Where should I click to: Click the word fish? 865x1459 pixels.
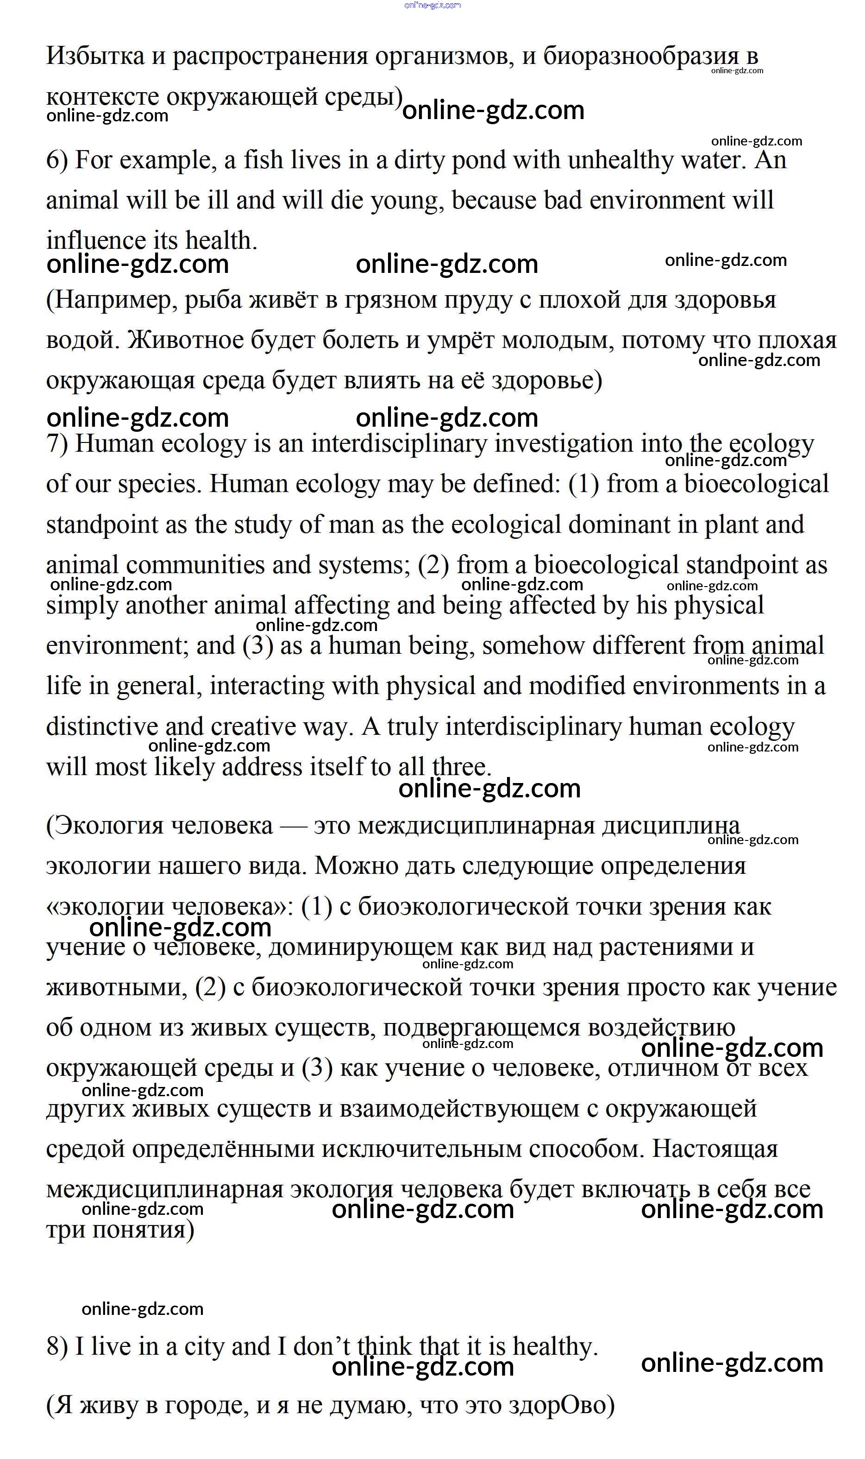point(263,160)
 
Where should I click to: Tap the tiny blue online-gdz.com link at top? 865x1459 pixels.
point(432,5)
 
